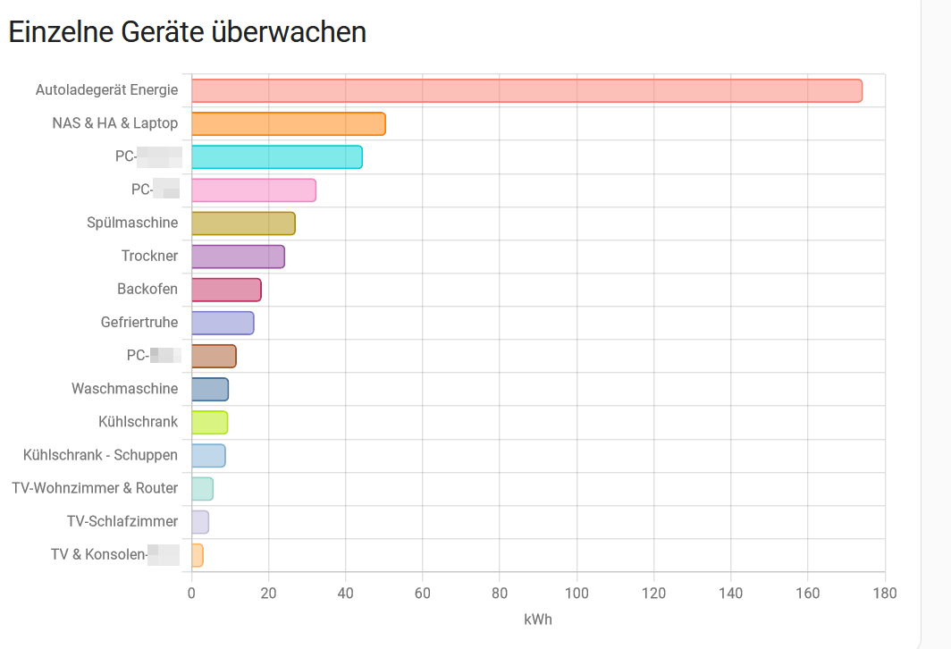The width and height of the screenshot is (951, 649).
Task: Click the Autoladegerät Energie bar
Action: pos(526,90)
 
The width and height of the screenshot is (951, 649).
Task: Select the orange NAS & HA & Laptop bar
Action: pos(288,123)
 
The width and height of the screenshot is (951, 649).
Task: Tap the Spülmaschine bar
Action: pos(243,223)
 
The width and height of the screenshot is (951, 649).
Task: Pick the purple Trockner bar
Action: pos(238,257)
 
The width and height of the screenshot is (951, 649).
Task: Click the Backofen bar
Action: pos(226,290)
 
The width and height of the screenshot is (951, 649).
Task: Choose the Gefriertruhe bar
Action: pos(223,323)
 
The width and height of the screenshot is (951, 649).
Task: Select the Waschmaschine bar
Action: pos(210,389)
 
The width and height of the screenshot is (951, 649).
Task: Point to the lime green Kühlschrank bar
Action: pos(209,422)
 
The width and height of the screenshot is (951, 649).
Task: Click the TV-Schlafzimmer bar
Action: pos(200,522)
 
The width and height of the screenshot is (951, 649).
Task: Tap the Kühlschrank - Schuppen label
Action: pos(100,455)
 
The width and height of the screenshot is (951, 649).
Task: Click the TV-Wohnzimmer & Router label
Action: pos(95,488)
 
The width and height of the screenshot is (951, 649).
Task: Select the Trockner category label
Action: pos(149,256)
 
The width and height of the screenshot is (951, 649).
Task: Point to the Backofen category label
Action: pos(147,289)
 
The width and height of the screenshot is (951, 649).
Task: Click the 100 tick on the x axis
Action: pos(576,593)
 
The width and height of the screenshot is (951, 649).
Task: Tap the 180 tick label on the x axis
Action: pos(885,593)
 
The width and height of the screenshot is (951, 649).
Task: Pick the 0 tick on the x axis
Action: pos(191,593)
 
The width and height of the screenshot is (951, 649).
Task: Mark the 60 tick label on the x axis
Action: pos(423,593)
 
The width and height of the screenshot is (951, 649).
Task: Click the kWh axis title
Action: pos(538,619)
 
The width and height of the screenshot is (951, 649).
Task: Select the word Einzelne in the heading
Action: pos(61,31)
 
